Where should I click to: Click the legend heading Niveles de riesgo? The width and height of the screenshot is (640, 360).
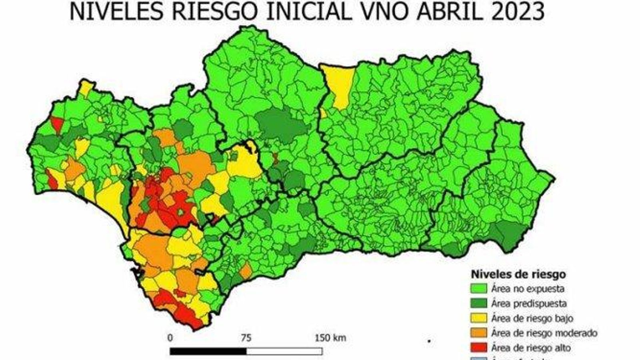tap(518, 274)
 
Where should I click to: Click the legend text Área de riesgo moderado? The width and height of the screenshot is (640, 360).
tap(544, 333)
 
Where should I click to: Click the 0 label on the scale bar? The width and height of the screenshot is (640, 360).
tap(170, 338)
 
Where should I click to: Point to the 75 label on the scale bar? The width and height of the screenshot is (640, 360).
tap(246, 338)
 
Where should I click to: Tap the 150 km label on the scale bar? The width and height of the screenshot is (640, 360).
tap(330, 338)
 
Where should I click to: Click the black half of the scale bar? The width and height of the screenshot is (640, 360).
tap(208, 351)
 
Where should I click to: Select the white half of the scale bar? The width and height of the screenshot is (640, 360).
tap(284, 351)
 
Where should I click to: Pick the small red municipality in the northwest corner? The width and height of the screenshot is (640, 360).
tap(57, 124)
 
